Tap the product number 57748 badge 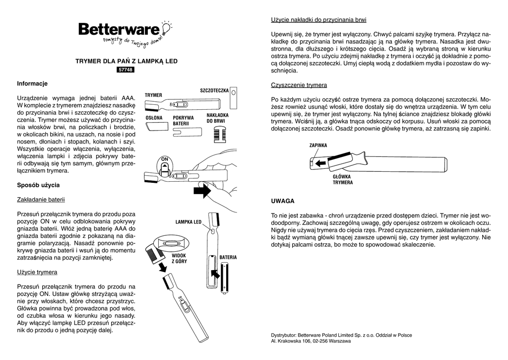click(126, 70)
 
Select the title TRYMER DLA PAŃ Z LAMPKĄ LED click(126, 61)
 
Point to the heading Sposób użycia click(38, 185)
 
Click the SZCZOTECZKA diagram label click(214, 90)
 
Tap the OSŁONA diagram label click(154, 118)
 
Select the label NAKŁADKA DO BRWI click(217, 118)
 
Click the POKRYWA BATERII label click(183, 120)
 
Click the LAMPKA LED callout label click(189, 221)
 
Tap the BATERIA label click(228, 257)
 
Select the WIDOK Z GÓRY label click(179, 258)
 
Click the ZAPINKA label click(318, 145)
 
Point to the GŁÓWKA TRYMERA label click(342, 179)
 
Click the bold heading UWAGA click(283, 201)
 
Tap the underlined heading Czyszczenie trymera click(299, 85)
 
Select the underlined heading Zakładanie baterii click(41, 200)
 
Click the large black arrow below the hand click(202, 190)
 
